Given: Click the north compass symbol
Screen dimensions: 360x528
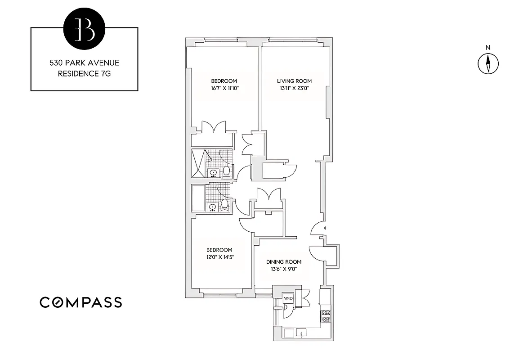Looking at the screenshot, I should pyautogui.click(x=488, y=63).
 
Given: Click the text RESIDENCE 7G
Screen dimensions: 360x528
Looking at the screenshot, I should pyautogui.click(x=84, y=73).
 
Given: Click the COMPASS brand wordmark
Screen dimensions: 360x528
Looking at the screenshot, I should pyautogui.click(x=81, y=302).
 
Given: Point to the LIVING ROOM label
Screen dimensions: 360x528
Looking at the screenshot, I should pyautogui.click(x=294, y=81).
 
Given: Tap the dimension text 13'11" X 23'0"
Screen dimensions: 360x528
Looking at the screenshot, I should pyautogui.click(x=294, y=89).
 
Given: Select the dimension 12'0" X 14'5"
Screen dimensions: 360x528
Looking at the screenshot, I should pyautogui.click(x=219, y=257).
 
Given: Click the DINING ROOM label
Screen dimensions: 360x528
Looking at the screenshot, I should pyautogui.click(x=283, y=261).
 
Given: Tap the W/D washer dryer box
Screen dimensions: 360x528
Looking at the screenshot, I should pyautogui.click(x=287, y=298).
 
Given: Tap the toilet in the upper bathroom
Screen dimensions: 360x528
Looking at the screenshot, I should pyautogui.click(x=227, y=171).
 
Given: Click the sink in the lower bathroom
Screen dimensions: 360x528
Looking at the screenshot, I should pyautogui.click(x=212, y=207).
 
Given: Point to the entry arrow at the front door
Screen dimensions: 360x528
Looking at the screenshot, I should pyautogui.click(x=326, y=229).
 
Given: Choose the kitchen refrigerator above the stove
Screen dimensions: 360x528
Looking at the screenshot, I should pyautogui.click(x=326, y=297).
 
